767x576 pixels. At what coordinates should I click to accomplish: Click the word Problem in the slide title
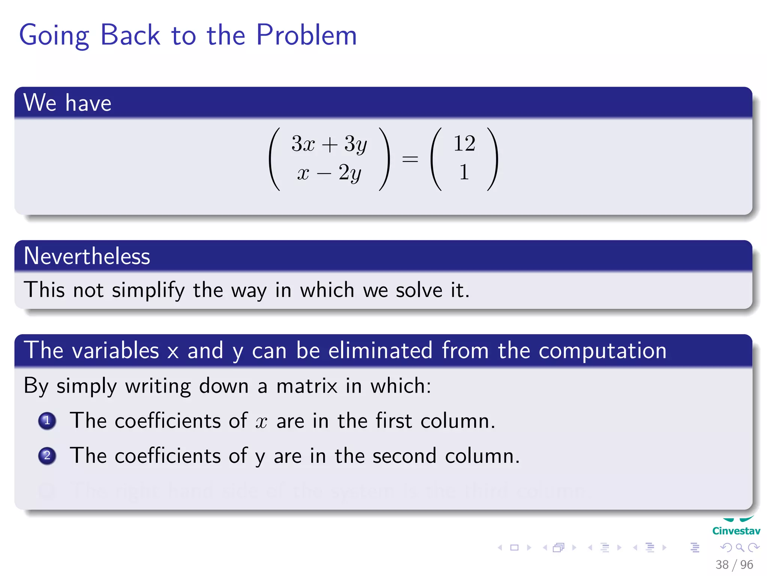(x=306, y=35)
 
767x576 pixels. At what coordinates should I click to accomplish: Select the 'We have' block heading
(x=67, y=103)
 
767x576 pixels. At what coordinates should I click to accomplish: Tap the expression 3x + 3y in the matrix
(x=329, y=144)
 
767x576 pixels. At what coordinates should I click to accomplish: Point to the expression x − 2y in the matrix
(x=329, y=173)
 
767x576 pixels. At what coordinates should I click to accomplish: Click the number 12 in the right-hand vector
(x=464, y=144)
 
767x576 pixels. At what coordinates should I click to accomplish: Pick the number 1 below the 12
(x=464, y=172)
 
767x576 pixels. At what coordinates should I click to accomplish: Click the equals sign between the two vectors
(x=410, y=159)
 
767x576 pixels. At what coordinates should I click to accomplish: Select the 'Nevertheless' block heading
(x=87, y=256)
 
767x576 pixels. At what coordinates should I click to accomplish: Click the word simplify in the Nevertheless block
(x=148, y=291)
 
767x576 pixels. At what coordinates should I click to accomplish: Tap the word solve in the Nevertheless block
(x=419, y=290)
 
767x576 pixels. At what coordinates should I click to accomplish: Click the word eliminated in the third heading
(x=381, y=351)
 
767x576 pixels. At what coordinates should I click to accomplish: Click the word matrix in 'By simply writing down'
(x=307, y=386)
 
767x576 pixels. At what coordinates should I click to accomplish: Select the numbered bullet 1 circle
(x=47, y=421)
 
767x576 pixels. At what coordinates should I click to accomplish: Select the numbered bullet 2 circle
(x=47, y=456)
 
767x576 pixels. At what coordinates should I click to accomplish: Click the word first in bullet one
(x=394, y=421)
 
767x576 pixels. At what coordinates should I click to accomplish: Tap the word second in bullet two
(x=404, y=456)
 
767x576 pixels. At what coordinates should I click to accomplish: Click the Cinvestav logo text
(x=736, y=531)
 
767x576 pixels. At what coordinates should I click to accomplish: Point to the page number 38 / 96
(x=734, y=565)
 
